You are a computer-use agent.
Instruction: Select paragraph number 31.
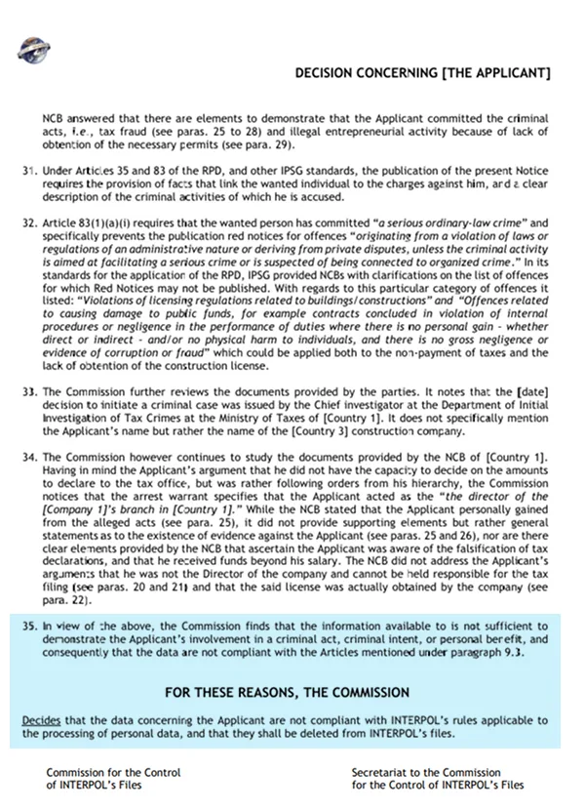click(28, 169)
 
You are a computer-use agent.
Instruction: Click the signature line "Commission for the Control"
click(114, 772)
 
